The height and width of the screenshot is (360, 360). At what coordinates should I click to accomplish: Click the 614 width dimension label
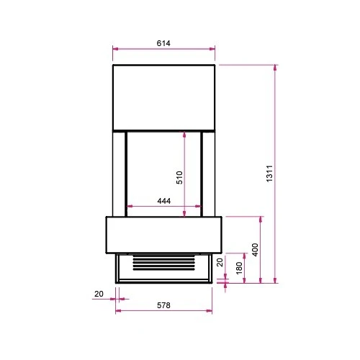(x=163, y=43)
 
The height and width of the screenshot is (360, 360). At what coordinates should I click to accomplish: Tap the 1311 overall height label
(x=269, y=174)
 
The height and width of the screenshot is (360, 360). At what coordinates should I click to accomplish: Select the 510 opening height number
(x=179, y=178)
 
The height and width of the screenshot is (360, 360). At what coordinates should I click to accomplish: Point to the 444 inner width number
(x=164, y=201)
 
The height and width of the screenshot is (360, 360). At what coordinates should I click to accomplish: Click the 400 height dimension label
(x=255, y=250)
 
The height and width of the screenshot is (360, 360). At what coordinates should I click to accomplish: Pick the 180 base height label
(x=239, y=268)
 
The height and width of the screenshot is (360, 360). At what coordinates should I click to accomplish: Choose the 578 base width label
(x=163, y=305)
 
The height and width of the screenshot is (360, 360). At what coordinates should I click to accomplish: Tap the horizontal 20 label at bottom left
(x=99, y=294)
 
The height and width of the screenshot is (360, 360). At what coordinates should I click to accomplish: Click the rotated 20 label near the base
(x=220, y=262)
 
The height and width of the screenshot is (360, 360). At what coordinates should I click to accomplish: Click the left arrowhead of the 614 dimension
(x=115, y=49)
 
